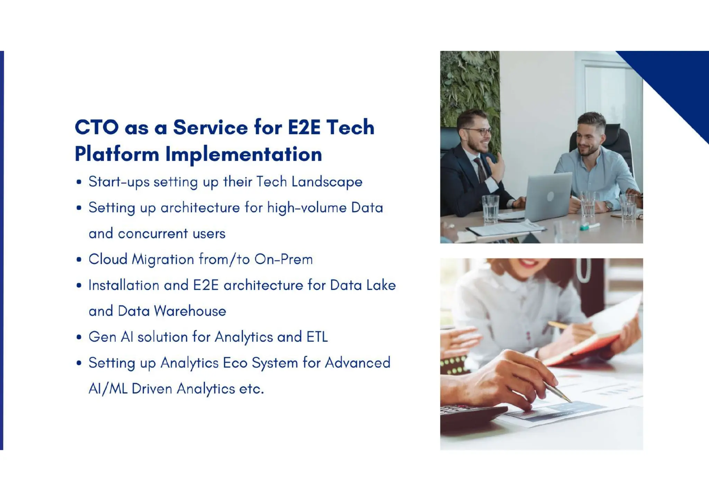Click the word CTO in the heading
pos(97,127)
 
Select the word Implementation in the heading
pos(244,154)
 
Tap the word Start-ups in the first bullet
pos(119,182)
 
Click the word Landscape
pos(327,182)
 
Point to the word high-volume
pos(307,208)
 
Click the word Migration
pos(163,260)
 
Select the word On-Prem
pos(284,259)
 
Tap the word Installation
pos(124,285)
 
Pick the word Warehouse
pos(190,311)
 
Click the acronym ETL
pos(317,337)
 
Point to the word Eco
pos(235,363)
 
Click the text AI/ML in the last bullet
pos(108,389)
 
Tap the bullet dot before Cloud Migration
pos(79,260)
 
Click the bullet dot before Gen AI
pos(79,337)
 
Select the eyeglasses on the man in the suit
pos(479,131)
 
